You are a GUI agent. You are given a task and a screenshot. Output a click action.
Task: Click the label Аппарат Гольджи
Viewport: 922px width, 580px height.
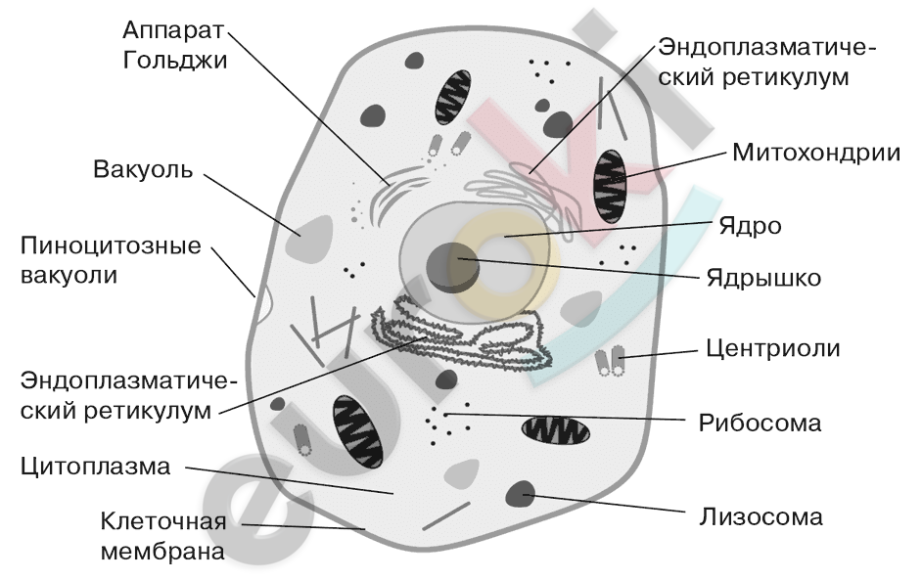(174, 45)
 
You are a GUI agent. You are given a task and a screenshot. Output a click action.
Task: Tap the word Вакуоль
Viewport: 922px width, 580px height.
(143, 169)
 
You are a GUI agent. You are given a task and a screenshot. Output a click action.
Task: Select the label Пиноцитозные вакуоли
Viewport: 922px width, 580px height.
(111, 260)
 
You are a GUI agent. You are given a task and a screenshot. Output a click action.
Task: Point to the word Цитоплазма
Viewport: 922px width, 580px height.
(95, 466)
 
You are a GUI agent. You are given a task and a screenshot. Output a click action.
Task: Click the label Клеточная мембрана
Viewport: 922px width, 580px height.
(162, 536)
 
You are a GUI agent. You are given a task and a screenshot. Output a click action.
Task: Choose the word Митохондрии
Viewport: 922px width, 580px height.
(816, 153)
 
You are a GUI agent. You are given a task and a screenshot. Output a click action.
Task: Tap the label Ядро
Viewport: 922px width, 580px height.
(750, 226)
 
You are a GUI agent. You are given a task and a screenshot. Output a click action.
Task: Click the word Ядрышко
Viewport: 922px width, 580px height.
(763, 277)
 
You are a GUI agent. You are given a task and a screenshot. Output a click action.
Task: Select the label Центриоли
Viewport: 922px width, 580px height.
(772, 348)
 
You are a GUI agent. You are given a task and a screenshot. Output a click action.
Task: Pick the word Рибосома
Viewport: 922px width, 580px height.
(760, 423)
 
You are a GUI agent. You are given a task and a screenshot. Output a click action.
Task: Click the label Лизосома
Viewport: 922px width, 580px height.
(761, 517)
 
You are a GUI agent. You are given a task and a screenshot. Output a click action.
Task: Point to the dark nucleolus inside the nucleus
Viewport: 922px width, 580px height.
(453, 267)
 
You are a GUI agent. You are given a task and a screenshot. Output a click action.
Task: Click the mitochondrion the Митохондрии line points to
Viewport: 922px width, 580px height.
(610, 186)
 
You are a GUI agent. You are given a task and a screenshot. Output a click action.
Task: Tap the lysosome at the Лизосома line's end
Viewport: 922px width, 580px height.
(521, 494)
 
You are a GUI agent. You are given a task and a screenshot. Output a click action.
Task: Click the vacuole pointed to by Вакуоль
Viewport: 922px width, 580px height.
(309, 237)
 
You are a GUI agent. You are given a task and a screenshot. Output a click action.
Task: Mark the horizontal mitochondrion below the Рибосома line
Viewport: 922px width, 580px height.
(556, 430)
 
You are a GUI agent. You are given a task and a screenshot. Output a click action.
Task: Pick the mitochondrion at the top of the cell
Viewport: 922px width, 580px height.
(453, 98)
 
